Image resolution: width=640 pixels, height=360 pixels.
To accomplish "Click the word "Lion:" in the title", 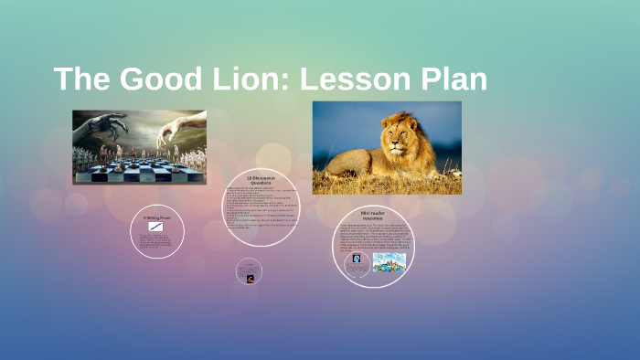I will tap(237, 79).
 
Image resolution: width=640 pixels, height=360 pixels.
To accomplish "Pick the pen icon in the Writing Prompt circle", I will tap(156, 227).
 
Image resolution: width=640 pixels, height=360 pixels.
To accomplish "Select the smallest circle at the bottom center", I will tap(249, 270).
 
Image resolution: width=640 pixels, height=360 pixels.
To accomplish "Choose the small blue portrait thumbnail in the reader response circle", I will tap(357, 259).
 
